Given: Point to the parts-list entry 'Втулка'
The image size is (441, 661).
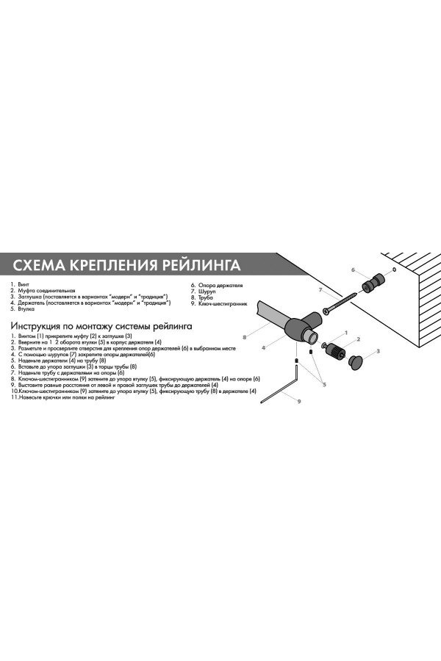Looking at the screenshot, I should [x=26, y=308].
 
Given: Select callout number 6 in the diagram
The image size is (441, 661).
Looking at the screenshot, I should [x=353, y=270].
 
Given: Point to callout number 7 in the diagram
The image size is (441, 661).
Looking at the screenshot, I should [x=320, y=290].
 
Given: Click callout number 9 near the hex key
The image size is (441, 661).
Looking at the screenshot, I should [x=299, y=401].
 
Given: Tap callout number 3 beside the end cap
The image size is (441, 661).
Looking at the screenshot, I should [x=378, y=352].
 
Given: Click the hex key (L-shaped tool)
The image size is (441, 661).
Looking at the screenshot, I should [x=287, y=386].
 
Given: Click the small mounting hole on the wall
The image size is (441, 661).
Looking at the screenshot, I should [x=394, y=270].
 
